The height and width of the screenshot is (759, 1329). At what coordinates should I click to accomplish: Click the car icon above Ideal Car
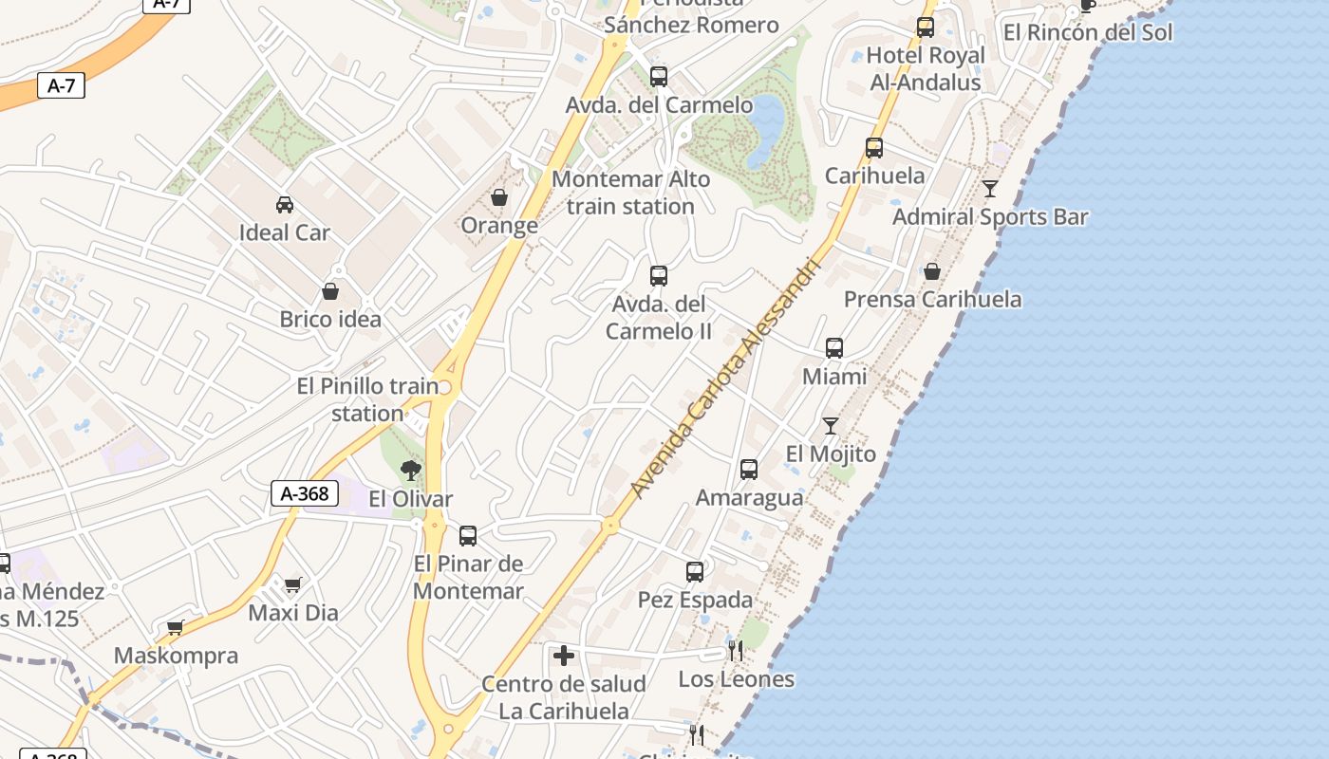(284, 204)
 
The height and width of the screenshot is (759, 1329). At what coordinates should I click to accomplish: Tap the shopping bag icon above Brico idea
(330, 291)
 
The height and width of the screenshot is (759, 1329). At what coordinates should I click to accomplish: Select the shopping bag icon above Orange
(499, 197)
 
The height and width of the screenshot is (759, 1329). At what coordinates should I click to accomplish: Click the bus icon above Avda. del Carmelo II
(659, 276)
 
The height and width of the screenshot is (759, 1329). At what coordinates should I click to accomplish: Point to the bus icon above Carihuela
(874, 148)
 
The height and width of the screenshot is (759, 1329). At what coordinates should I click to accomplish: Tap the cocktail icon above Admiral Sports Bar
(990, 189)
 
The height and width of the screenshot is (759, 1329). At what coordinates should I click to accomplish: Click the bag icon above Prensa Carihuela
(932, 271)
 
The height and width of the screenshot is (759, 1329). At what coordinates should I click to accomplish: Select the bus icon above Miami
(834, 348)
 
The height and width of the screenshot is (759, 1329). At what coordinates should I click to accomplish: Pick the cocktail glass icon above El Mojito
(831, 426)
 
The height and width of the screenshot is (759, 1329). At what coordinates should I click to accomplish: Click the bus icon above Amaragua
(749, 470)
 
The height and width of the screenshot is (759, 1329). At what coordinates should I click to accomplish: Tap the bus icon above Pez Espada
(695, 572)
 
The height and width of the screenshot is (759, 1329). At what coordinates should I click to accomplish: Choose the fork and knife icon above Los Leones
(736, 651)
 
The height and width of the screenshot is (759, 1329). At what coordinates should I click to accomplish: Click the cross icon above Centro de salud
(564, 656)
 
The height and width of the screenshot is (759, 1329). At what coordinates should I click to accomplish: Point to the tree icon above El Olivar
(411, 470)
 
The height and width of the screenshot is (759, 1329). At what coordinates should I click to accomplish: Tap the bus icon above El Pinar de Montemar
(468, 536)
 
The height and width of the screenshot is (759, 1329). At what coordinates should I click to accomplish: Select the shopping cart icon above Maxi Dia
(292, 584)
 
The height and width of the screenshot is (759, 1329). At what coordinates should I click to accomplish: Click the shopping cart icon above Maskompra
(176, 627)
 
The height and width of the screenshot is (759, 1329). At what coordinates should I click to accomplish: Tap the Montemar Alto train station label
(630, 193)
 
